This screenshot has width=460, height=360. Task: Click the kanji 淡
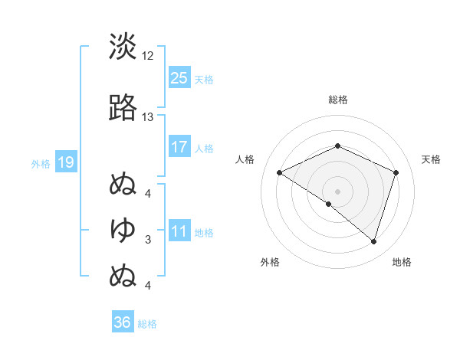[x=123, y=47]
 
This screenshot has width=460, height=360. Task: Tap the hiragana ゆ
[x=123, y=229]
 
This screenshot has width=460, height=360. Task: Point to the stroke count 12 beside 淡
[x=148, y=56]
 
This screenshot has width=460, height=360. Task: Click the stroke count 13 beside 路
[x=148, y=117]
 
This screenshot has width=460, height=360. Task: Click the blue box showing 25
[x=179, y=78]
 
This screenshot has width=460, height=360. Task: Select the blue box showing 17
[x=179, y=147]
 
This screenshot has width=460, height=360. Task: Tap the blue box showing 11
[x=179, y=231]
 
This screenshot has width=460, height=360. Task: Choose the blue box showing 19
[x=65, y=162]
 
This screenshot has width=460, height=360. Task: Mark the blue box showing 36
[x=123, y=322]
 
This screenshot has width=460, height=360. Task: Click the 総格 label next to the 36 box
[x=147, y=324]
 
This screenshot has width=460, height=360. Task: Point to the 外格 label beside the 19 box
[x=41, y=163]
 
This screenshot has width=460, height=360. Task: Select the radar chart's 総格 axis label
[x=337, y=100]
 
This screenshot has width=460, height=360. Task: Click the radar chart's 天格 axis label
[x=431, y=159]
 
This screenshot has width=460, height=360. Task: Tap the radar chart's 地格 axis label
[x=402, y=263]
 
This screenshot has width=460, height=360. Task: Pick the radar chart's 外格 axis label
[x=271, y=263]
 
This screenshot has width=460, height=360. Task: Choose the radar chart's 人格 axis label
[x=245, y=159]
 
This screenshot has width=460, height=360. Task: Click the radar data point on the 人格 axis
[x=280, y=173]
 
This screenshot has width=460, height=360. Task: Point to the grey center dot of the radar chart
[x=337, y=191]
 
